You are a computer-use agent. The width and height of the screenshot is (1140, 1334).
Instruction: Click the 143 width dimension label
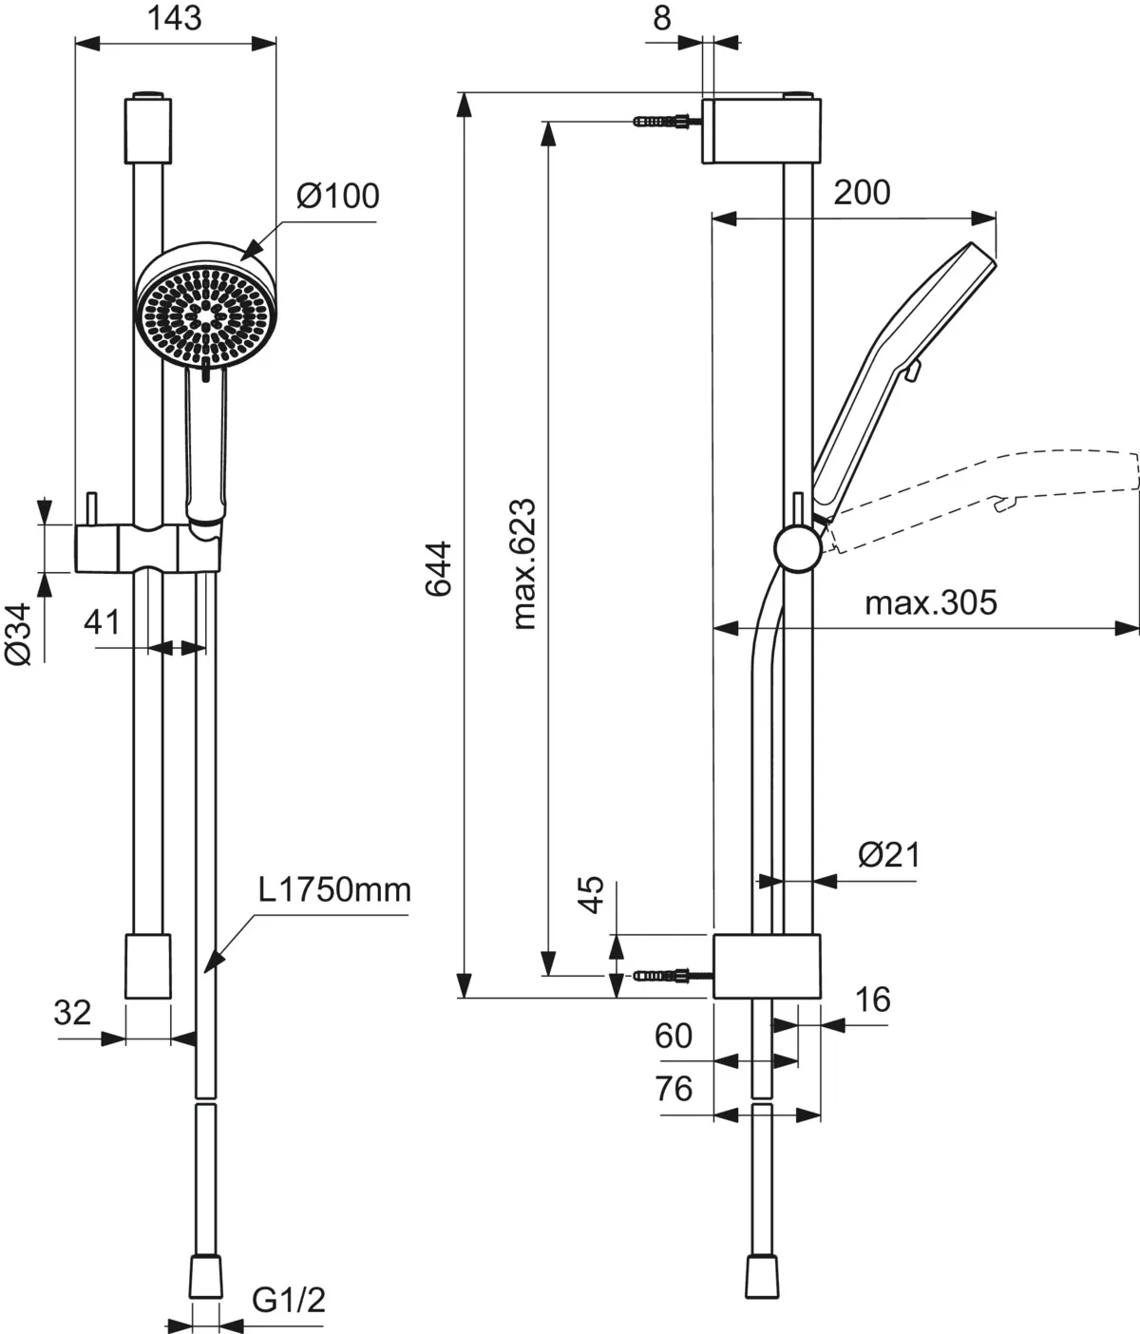[176, 17]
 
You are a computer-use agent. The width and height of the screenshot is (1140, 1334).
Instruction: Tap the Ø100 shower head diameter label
[337, 196]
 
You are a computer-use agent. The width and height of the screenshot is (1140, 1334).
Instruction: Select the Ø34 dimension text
[20, 633]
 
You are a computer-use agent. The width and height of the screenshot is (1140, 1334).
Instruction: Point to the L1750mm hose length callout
[335, 890]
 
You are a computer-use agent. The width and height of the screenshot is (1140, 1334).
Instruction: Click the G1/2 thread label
[289, 1299]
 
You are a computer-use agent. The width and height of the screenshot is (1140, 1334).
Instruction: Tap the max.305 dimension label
[930, 602]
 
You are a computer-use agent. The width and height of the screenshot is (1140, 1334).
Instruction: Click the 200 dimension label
[862, 193]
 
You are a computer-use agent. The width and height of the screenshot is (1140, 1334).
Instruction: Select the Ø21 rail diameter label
[889, 855]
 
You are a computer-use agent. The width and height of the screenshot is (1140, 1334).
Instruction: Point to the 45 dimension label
[591, 894]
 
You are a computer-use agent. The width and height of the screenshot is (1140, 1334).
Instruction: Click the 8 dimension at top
[662, 17]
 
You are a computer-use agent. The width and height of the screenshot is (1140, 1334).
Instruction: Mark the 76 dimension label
[674, 1088]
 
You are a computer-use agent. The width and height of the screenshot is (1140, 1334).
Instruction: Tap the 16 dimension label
[871, 1000]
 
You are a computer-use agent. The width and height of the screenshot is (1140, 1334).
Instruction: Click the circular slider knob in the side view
[797, 549]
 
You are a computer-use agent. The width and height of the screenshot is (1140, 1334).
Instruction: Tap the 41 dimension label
[103, 622]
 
